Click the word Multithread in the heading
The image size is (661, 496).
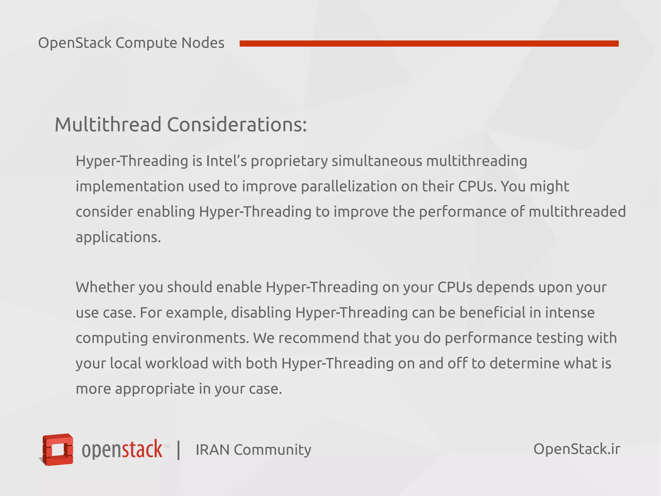click(108, 125)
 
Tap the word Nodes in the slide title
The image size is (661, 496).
click(203, 43)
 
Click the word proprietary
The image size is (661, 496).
click(289, 161)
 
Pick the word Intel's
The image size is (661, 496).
click(226, 161)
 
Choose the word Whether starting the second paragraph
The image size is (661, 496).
click(105, 287)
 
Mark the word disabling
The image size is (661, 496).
click(261, 313)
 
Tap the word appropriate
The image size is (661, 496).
click(155, 389)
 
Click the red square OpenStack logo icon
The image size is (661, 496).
click(58, 449)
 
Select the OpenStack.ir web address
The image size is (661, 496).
click(576, 449)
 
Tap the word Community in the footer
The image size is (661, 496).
click(272, 450)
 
